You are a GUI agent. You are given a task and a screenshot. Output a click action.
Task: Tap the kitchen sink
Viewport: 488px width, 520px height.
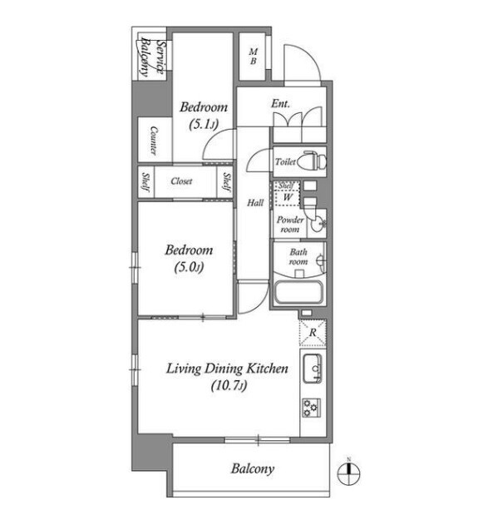pos(313,368)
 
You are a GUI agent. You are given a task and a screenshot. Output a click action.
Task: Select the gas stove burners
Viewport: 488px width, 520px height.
pos(312,408)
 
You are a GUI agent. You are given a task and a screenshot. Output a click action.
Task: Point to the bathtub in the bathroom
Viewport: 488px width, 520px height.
pos(298,293)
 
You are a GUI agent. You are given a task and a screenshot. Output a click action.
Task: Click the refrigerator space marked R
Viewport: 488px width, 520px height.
pos(313,332)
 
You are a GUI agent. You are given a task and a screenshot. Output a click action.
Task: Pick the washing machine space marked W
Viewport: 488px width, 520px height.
pos(288,197)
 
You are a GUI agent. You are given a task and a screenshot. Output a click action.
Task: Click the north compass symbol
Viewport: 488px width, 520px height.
pos(349,473)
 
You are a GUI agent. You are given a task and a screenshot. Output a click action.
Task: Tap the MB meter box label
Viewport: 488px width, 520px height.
pos(253,57)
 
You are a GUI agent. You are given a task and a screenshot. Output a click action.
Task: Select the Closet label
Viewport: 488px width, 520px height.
pos(181,181)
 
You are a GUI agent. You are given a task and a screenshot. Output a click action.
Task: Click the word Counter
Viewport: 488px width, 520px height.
pos(154,141)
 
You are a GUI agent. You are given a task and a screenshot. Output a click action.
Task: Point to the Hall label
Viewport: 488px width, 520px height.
pos(255,203)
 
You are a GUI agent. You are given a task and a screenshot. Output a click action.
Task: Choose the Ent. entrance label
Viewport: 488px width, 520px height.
pos(280,104)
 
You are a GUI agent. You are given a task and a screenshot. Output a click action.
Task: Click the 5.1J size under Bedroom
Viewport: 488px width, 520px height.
pos(204,125)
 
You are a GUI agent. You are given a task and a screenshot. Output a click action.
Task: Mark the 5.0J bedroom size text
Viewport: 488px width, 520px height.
pos(189,267)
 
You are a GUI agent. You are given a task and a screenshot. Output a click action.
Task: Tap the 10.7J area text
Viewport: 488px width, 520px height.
pos(229,386)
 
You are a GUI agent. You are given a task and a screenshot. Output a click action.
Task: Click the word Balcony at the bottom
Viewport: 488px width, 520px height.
pos(253,469)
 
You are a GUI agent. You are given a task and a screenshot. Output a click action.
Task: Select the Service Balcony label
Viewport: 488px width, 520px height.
pos(152,57)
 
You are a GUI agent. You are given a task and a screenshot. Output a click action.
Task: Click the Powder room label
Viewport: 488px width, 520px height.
pos(290,225)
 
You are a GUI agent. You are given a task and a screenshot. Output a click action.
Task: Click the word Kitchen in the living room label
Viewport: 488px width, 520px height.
pos(269,369)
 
